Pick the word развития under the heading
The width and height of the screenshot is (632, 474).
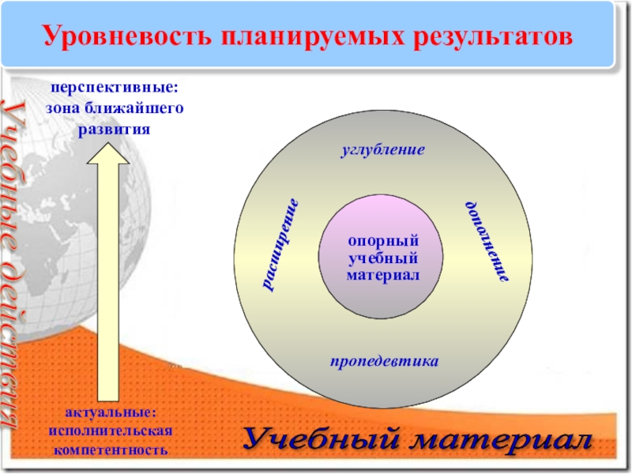115,127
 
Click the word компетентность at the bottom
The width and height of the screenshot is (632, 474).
110,450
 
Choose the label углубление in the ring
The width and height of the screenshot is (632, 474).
383,149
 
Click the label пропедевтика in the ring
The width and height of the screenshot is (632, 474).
383,361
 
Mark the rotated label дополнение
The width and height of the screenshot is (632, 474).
485,242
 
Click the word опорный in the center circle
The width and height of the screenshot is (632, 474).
383,241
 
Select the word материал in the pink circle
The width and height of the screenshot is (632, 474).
383,275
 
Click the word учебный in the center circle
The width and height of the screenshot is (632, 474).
383,258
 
